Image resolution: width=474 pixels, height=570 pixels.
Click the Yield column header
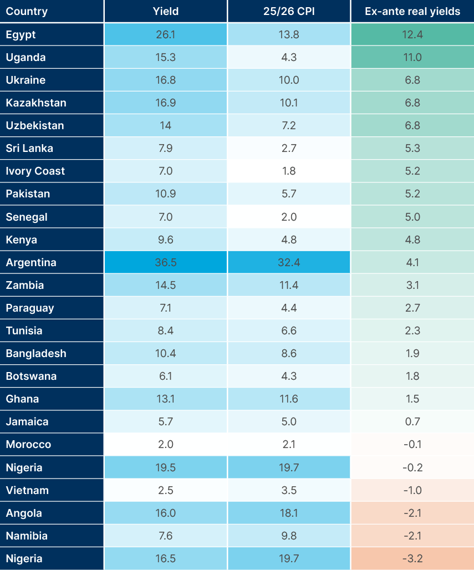[165, 11]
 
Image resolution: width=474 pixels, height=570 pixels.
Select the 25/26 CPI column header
[288, 11]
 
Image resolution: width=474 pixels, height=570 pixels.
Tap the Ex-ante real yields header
[412, 11]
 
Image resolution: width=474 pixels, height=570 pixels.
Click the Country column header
[27, 11]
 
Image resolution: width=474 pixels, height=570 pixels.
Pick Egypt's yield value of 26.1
[165, 34]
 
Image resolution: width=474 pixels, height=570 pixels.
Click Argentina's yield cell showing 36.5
[165, 262]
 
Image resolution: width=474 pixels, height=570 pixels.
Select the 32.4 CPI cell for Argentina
[288, 262]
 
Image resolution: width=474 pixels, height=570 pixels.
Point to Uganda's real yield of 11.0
[412, 57]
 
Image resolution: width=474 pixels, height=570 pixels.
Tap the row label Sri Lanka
[29, 148]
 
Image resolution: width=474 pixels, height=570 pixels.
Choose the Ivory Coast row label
[35, 171]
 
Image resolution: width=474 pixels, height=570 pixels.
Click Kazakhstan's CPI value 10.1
[288, 103]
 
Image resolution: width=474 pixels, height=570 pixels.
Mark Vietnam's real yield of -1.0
[412, 490]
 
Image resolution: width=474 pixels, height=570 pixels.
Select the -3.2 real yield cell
[412, 558]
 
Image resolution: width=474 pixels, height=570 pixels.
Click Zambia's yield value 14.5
[165, 285]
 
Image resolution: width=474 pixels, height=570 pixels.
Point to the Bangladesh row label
[36, 353]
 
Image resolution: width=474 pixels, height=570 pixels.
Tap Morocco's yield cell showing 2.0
[165, 444]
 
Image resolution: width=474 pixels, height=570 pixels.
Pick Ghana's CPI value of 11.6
[288, 399]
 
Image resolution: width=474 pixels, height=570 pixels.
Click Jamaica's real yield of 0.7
[412, 421]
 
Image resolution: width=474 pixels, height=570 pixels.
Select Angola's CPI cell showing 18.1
[288, 513]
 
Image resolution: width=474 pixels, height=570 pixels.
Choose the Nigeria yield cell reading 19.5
[165, 467]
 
